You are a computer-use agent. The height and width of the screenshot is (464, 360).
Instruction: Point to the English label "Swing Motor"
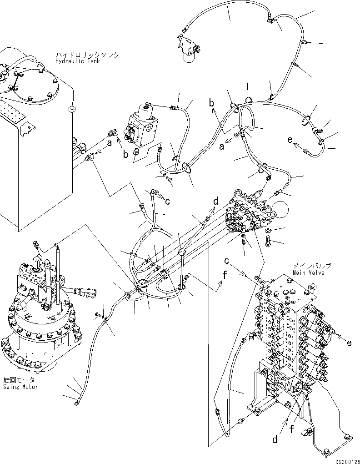20,387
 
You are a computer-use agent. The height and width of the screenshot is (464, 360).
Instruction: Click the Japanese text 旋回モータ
19,380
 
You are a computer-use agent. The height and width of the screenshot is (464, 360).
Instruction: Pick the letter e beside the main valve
349,343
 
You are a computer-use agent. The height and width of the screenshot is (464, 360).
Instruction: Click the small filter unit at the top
188,47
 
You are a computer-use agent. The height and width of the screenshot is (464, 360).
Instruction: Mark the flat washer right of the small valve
268,232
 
